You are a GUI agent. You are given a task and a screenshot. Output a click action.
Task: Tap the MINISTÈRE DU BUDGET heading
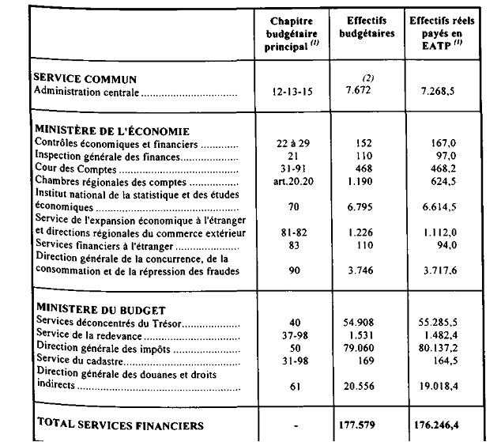point(98,310)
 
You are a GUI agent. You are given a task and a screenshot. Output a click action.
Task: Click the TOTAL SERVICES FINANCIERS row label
point(120,425)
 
